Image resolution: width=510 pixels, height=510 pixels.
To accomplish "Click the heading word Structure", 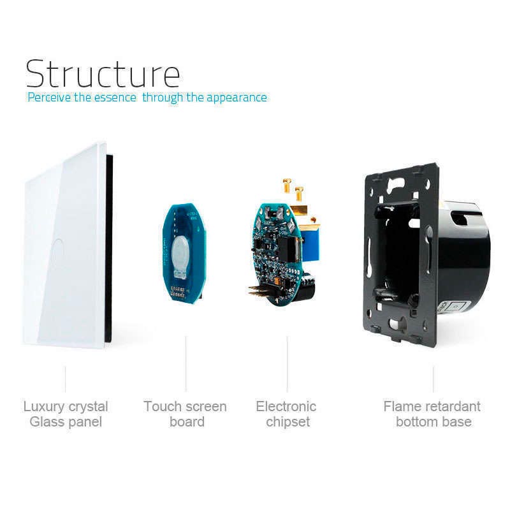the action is point(103,74).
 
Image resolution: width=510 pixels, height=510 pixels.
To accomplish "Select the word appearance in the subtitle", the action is point(237,98).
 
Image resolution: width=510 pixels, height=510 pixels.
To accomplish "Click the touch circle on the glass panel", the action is point(58,249).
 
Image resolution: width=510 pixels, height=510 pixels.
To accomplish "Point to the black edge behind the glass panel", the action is point(109,248).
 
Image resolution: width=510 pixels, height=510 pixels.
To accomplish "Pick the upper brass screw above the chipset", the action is point(288,186).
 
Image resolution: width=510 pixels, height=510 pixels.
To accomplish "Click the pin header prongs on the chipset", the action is point(259,291).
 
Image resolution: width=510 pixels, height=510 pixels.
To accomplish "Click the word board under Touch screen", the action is point(187,422).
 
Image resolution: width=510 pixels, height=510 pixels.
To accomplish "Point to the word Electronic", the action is point(286,406).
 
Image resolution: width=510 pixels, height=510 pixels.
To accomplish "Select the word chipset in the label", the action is point(288,422).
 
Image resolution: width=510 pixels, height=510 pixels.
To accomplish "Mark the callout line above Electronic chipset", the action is point(288,364).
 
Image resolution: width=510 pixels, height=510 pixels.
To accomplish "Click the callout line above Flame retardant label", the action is point(433,379).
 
